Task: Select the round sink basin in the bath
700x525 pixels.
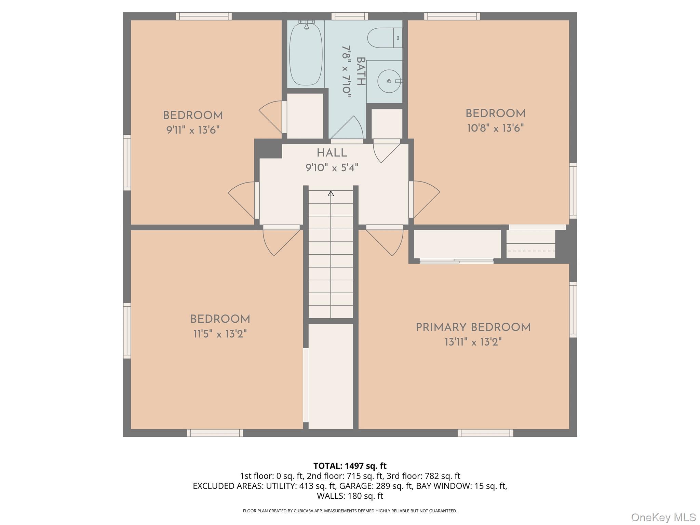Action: click(389, 81)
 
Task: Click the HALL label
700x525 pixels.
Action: click(332, 153)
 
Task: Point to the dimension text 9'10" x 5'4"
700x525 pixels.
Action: click(332, 168)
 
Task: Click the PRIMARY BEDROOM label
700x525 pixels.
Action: click(473, 327)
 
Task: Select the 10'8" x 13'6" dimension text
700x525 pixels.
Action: click(495, 128)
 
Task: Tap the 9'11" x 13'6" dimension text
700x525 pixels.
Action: click(193, 130)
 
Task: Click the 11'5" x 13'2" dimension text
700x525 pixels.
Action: click(220, 334)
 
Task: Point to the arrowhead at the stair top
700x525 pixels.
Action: click(331, 193)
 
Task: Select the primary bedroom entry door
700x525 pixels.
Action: click(386, 241)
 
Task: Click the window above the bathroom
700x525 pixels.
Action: click(350, 16)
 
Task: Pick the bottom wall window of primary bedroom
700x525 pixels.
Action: click(485, 433)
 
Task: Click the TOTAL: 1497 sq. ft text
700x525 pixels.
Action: click(350, 466)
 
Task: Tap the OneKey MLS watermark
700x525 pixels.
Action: click(663, 517)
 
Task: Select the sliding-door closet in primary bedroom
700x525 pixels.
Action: click(457, 245)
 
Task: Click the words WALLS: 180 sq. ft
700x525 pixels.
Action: click(350, 496)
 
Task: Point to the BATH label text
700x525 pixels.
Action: click(361, 71)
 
